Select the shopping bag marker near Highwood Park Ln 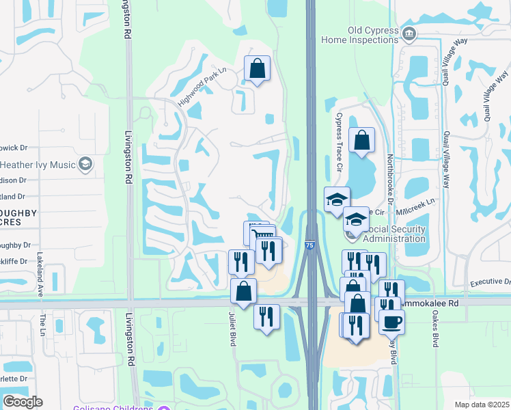257,69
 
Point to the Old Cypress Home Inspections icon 409,33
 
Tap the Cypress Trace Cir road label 337,143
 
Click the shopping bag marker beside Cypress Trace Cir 362,141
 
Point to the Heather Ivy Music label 37,165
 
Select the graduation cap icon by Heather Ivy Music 85,165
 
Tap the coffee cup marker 392,321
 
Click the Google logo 23,401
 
